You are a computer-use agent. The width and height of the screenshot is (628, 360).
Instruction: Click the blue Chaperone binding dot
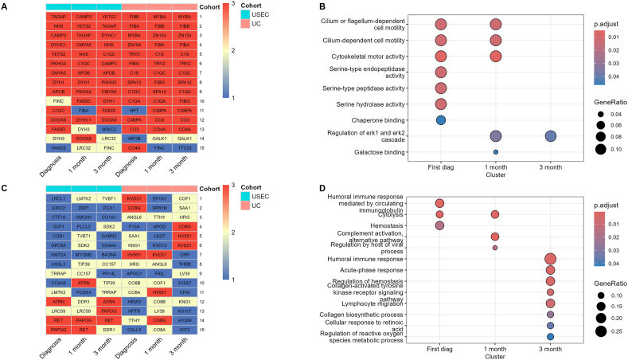440,119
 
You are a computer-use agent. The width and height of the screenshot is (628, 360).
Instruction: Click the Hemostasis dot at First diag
439,225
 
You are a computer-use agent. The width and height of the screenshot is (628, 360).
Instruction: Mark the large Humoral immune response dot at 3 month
550,259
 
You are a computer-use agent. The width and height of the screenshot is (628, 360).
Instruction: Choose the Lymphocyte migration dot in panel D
550,303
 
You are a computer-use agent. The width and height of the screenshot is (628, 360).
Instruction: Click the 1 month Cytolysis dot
495,214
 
